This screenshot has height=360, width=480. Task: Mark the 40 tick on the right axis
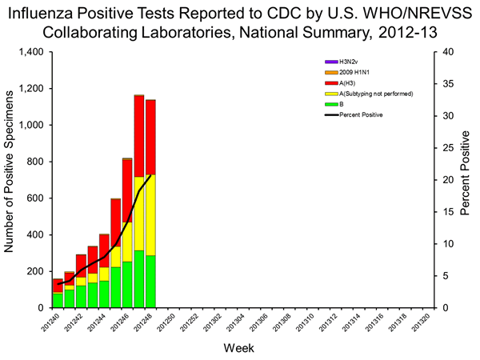click(450, 52)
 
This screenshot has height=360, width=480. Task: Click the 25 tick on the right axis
click(450, 148)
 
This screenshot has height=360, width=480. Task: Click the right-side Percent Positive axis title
click(467, 180)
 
